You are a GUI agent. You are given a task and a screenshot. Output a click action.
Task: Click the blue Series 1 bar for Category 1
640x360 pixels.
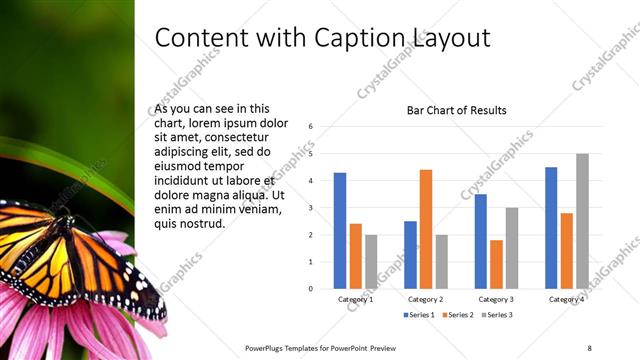[340, 230]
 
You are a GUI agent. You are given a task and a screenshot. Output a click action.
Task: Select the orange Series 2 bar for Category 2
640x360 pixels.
[425, 229]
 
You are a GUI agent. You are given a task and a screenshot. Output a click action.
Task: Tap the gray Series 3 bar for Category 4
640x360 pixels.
[582, 221]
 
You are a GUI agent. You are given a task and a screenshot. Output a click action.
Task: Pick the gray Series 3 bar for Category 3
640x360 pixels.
[511, 248]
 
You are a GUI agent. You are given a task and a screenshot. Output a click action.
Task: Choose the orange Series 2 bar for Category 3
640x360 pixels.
[496, 264]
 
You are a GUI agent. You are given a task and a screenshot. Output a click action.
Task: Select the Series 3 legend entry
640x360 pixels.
[498, 315]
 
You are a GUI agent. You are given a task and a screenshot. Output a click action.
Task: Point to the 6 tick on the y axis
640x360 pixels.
[312, 127]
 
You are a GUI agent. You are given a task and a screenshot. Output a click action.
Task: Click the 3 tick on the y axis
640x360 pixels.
[312, 208]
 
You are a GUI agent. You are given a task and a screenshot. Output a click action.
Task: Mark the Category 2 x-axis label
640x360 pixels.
[426, 299]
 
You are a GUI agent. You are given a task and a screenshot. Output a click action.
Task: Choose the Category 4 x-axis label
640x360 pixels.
[566, 299]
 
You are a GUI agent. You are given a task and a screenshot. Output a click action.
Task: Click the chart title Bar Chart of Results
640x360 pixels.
[456, 110]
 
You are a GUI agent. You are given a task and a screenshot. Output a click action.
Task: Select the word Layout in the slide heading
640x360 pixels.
[456, 38]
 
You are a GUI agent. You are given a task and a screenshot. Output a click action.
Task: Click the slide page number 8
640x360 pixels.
[589, 347]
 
